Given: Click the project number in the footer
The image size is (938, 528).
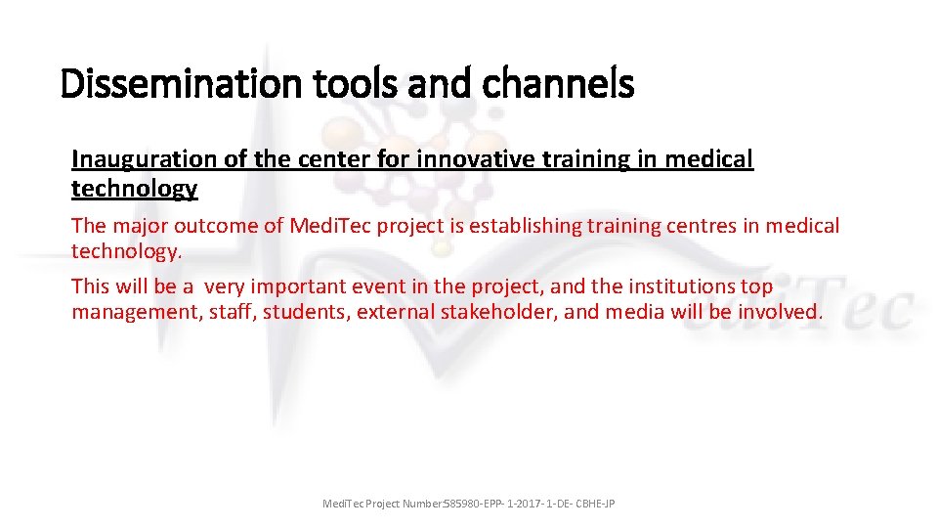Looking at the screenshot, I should [529, 504].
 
